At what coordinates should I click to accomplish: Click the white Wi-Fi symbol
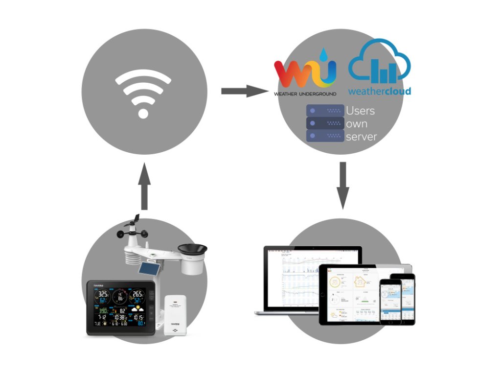[x=143, y=93]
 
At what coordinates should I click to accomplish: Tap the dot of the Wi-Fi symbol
[x=143, y=113]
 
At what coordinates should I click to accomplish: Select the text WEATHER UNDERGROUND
[x=305, y=94]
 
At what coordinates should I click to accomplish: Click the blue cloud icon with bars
[x=380, y=63]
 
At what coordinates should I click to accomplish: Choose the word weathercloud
[x=379, y=91]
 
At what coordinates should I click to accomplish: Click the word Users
[x=360, y=111]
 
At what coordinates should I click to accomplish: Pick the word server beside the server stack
[x=361, y=137]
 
